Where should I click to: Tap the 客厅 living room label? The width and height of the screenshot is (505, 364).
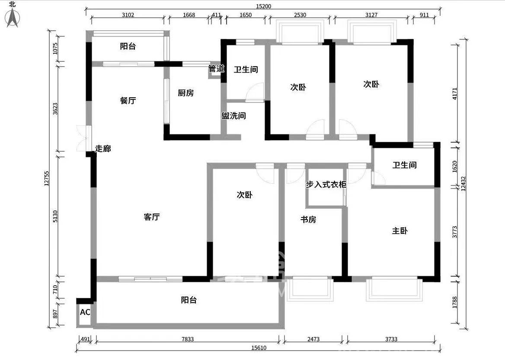[152, 217]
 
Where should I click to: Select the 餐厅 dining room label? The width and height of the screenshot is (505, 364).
[128, 101]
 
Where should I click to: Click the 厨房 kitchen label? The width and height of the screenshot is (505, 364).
[185, 93]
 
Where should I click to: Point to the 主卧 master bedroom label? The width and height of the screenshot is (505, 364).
[400, 231]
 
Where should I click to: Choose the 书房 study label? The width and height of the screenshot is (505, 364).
[308, 220]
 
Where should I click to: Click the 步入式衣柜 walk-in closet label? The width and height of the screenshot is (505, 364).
[326, 185]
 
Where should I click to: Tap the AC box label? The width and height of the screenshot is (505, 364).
[85, 312]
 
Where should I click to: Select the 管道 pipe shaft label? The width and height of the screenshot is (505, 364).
[216, 68]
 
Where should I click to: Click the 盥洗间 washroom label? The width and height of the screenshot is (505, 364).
[233, 116]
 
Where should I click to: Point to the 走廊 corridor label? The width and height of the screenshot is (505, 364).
[103, 149]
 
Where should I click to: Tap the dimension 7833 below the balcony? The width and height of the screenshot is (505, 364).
[187, 339]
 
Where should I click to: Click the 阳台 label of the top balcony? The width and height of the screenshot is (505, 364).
[128, 46]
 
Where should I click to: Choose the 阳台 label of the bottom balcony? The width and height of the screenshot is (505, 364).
[189, 300]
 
